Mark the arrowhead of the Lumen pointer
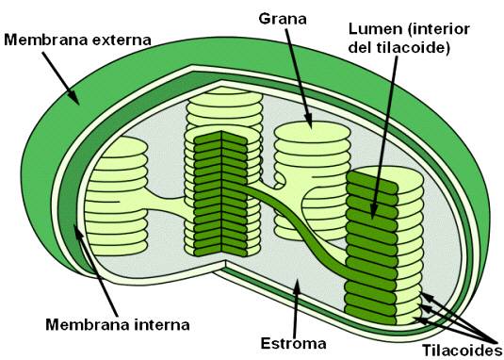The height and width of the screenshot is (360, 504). pyautogui.click(x=375, y=215)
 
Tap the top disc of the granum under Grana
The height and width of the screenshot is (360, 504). pyautogui.click(x=307, y=127)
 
